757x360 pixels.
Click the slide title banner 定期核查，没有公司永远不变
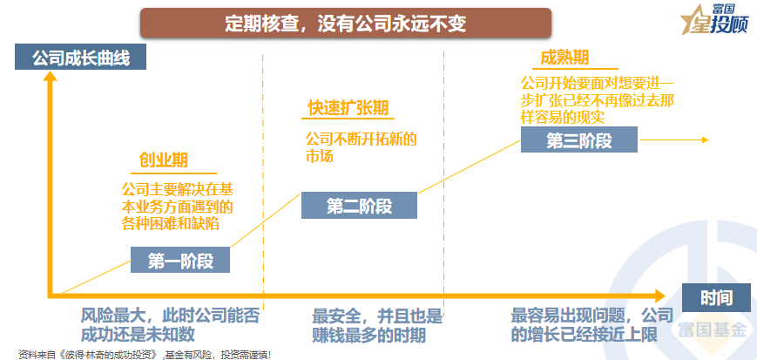click(x=345, y=22)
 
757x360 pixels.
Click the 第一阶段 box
click(x=181, y=260)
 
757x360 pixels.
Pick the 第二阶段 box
click(x=359, y=206)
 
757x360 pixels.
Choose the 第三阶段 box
click(x=578, y=139)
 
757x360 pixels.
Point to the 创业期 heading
click(x=164, y=161)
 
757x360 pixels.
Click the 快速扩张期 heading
click(x=348, y=108)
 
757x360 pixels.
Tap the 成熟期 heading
click(x=564, y=58)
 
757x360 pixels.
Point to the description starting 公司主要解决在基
click(x=177, y=206)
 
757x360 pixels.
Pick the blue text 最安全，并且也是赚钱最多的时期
click(x=377, y=324)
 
